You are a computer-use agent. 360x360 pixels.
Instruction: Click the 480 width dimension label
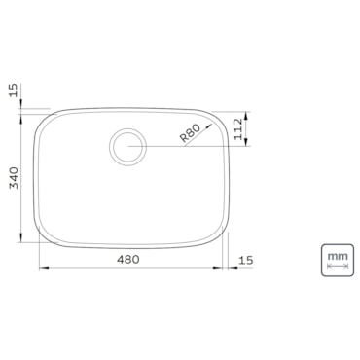128,259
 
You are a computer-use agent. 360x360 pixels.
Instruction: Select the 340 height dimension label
15,178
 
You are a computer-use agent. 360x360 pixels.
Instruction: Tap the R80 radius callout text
190,133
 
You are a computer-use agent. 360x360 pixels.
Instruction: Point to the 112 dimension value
238,128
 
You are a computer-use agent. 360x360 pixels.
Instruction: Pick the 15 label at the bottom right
245,260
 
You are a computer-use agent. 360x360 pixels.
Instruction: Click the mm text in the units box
338,256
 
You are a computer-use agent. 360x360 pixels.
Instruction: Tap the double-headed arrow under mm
338,266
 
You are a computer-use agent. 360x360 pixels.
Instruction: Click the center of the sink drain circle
127,147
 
